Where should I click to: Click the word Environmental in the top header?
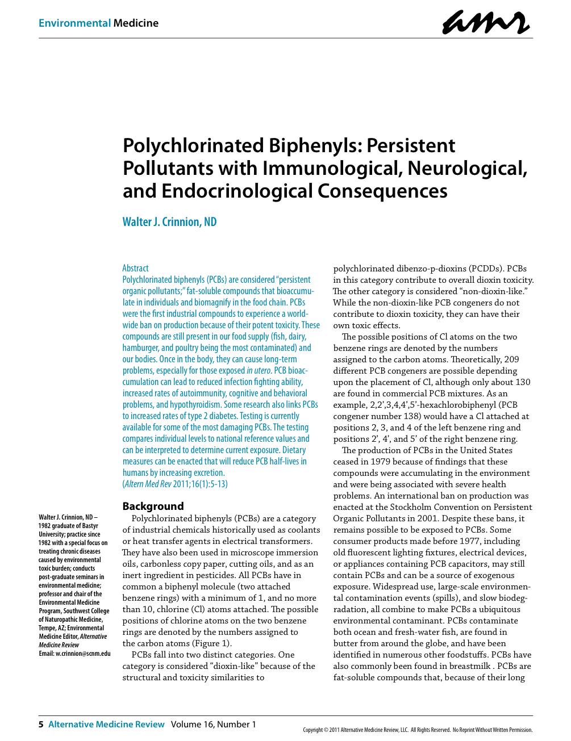click(74, 23)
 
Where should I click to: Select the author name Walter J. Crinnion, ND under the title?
click(169, 222)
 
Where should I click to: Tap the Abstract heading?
click(135, 268)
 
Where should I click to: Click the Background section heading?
click(153, 506)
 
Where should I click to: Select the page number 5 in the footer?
click(41, 725)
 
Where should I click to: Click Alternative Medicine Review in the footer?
click(106, 725)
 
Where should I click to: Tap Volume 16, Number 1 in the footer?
click(213, 725)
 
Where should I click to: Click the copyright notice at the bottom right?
click(418, 730)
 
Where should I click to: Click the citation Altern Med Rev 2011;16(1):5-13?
click(176, 484)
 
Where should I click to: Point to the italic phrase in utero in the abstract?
click(259, 370)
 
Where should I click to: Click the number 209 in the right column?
click(511, 359)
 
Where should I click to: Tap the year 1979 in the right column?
click(381, 462)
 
